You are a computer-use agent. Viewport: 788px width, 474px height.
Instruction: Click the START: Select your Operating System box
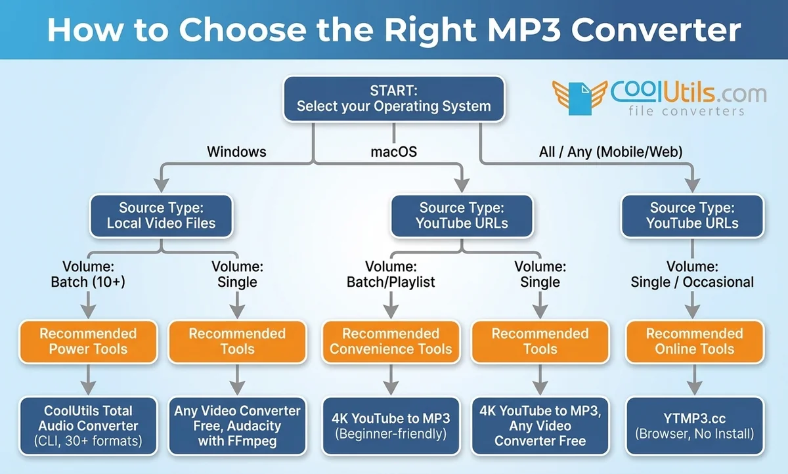coord(393,98)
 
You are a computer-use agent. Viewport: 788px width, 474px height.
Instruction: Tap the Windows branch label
coord(236,152)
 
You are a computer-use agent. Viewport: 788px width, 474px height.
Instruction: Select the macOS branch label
coord(393,152)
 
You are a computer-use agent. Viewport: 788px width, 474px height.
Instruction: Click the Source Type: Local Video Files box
coord(161,216)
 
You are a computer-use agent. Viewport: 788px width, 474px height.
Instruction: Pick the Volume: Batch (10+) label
coord(88,274)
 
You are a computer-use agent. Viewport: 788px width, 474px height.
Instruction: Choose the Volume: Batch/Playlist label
coord(391,274)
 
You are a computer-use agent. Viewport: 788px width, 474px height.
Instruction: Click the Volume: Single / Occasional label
coord(692,274)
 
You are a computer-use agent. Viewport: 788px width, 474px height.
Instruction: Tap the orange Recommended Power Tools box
coord(88,341)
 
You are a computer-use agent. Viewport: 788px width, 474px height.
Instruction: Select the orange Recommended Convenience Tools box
coord(391,341)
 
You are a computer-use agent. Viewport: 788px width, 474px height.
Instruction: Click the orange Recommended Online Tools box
coord(694,341)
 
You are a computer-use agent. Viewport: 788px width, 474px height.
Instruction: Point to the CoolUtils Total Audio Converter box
coord(88,425)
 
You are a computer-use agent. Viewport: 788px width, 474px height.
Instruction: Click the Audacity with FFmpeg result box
coord(237,425)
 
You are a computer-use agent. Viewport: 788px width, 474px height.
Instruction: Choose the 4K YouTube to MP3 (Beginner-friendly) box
coord(391,425)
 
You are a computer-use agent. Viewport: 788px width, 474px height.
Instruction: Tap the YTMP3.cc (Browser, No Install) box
coord(694,425)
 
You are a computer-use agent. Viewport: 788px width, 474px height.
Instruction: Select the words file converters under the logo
coord(686,111)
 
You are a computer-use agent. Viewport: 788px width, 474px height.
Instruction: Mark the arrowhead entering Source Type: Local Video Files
coord(161,186)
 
